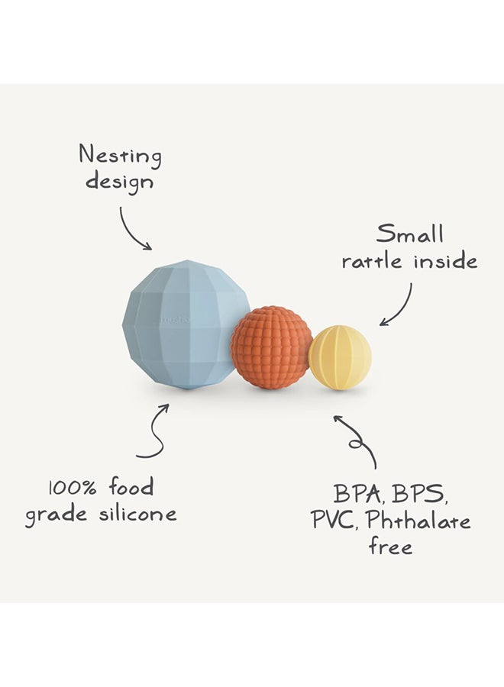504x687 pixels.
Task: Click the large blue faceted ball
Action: click(186, 324)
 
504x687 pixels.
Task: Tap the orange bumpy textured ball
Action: click(272, 347)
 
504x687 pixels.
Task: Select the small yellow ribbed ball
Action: click(340, 357)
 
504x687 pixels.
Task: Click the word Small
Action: click(410, 234)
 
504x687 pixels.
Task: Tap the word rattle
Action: click(372, 262)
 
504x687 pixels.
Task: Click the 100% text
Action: click(73, 488)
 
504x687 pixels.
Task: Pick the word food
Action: click(131, 486)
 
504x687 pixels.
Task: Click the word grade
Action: click(56, 514)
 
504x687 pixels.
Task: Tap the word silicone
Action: click(137, 513)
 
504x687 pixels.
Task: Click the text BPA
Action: click(357, 494)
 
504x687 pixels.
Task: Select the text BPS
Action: click(419, 494)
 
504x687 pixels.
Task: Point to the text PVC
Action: click(334, 520)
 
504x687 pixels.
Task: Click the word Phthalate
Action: click(418, 520)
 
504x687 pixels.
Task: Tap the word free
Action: click(390, 546)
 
